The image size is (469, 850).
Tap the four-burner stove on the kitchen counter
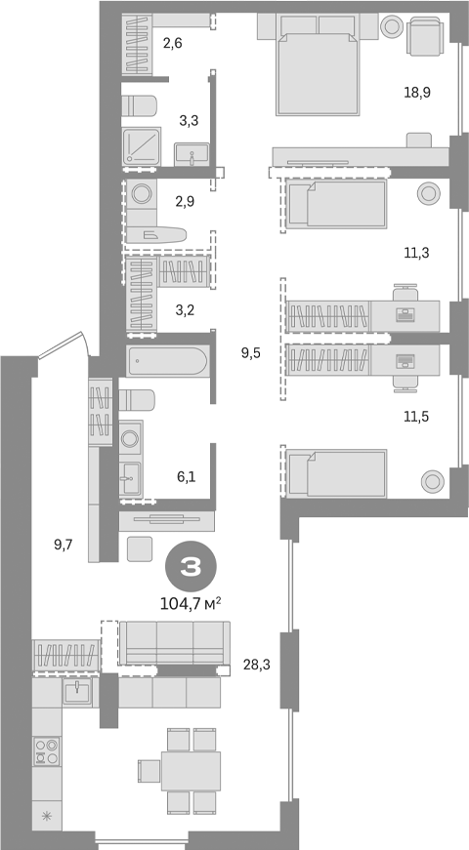(46, 752)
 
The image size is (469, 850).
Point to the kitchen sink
(76, 692)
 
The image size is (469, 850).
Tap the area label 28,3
(256, 666)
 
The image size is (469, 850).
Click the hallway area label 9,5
(250, 353)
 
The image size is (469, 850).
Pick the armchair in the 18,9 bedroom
(424, 37)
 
